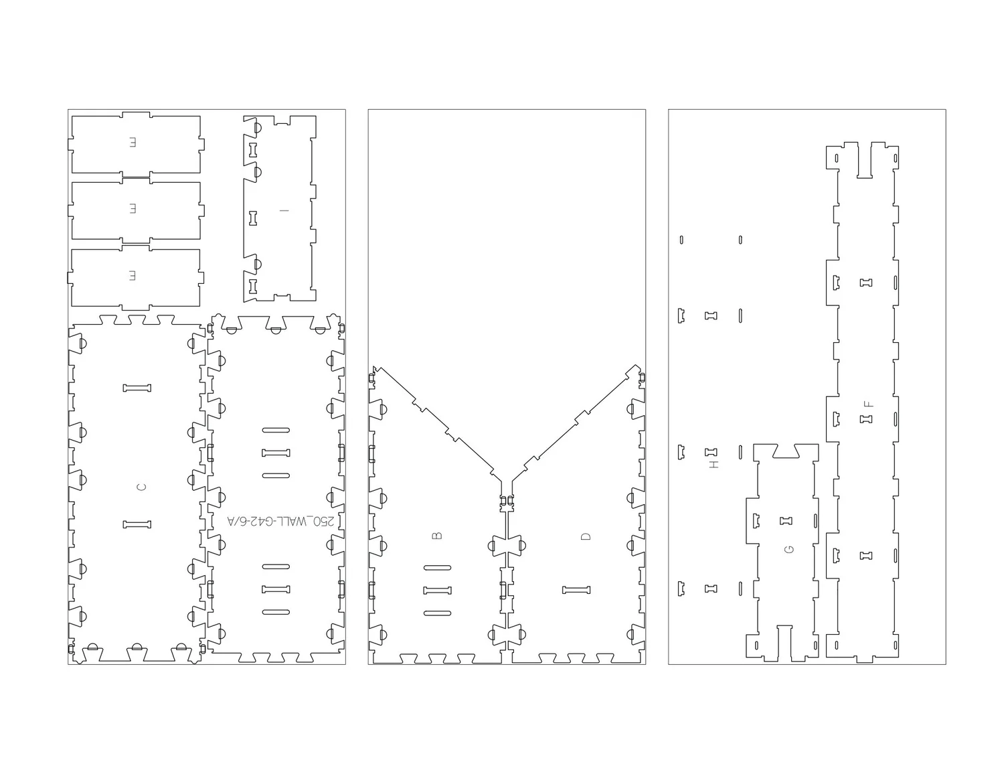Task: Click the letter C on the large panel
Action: click(141, 487)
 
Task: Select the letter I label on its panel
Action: click(284, 211)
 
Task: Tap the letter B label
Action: click(437, 536)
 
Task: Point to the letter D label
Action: click(586, 536)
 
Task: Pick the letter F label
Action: click(868, 404)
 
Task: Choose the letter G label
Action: click(789, 549)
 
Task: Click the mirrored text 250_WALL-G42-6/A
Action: click(284, 521)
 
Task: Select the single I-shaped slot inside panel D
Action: click(576, 590)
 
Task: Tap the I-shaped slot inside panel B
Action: click(437, 590)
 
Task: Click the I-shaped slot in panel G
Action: click(786, 520)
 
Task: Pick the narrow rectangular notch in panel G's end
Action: click(784, 641)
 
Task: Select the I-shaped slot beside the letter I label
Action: click(253, 218)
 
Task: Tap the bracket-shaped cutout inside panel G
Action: click(757, 520)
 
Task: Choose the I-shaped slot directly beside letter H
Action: click(711, 452)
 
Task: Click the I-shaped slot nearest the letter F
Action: click(866, 419)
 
